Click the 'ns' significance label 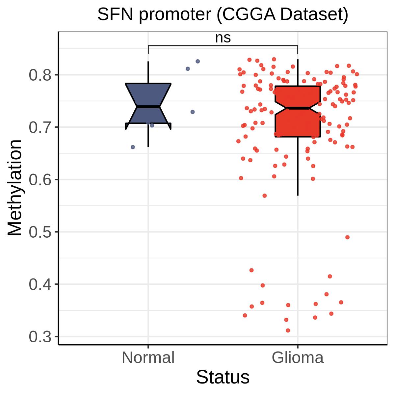point(223,38)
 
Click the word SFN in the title point(115,14)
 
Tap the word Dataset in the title point(314,14)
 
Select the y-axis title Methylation point(14,188)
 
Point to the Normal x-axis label point(148,358)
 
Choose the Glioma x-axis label point(298,358)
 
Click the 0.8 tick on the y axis point(40,75)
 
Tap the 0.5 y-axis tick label point(40,232)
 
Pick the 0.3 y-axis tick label point(40,337)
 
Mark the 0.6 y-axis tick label point(40,180)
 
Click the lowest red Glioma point point(288,330)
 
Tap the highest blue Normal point point(197,61)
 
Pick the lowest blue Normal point point(133,147)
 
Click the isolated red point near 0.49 point(347,237)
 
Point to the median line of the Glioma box point(298,108)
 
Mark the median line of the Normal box point(148,107)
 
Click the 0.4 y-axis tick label point(40,284)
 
